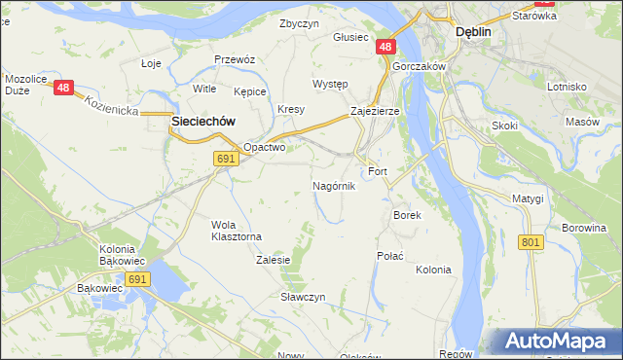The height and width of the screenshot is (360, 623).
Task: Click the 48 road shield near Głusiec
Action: pyautogui.click(x=385, y=47)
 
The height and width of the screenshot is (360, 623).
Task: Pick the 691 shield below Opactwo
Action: pyautogui.click(x=226, y=159)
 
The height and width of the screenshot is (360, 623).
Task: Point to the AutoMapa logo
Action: pyautogui.click(x=555, y=342)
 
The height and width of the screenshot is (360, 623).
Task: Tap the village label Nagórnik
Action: pyautogui.click(x=334, y=185)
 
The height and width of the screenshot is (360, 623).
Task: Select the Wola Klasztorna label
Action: pyautogui.click(x=237, y=230)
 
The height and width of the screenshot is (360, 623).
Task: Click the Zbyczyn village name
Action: pyautogui.click(x=299, y=23)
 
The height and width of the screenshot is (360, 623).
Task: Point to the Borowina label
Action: pyautogui.click(x=584, y=228)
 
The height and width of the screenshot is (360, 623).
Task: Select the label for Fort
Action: pyautogui.click(x=378, y=171)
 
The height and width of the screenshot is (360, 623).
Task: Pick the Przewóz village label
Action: pyautogui.click(x=235, y=59)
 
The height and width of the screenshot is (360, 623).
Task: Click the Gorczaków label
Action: pyautogui.click(x=420, y=66)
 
